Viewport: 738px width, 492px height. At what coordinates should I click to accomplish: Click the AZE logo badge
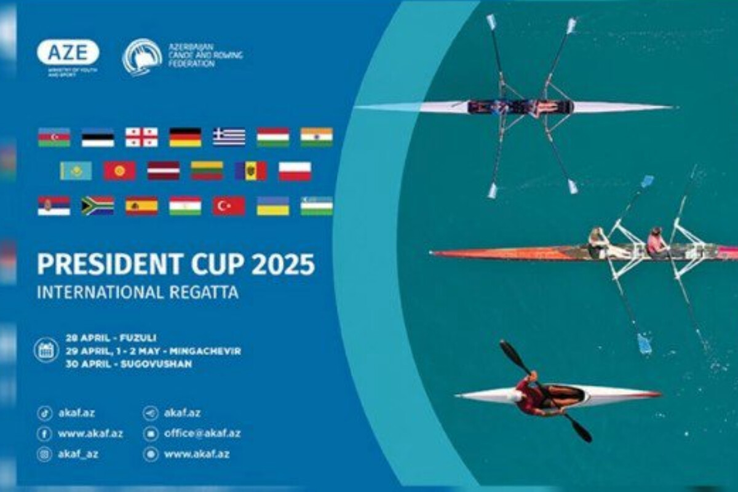tap(68, 52)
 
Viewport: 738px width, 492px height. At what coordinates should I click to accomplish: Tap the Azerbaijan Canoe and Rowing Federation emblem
tap(142, 57)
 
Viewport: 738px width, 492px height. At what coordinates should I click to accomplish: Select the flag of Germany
tap(185, 137)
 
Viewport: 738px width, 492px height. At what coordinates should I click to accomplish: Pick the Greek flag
tap(229, 137)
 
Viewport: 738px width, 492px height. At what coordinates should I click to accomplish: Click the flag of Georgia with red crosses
tap(141, 137)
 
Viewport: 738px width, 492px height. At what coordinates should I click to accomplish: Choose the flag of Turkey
tap(229, 206)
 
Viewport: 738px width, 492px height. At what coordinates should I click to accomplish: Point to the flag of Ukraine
tap(273, 206)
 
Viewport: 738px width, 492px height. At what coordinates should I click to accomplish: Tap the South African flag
tap(98, 206)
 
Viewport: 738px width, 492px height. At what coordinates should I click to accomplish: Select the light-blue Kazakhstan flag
tap(76, 171)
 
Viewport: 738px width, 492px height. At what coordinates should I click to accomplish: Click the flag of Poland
tap(295, 171)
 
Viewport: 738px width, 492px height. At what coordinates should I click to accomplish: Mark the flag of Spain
tap(141, 206)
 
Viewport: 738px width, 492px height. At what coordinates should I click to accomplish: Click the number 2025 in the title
tap(283, 264)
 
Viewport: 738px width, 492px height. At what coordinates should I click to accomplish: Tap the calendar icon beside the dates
tap(46, 350)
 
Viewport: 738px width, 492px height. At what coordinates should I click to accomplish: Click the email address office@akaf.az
tap(202, 433)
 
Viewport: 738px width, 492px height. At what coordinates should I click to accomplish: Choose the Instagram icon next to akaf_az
tap(44, 454)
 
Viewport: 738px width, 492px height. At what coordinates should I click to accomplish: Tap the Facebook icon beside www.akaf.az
tap(44, 434)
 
